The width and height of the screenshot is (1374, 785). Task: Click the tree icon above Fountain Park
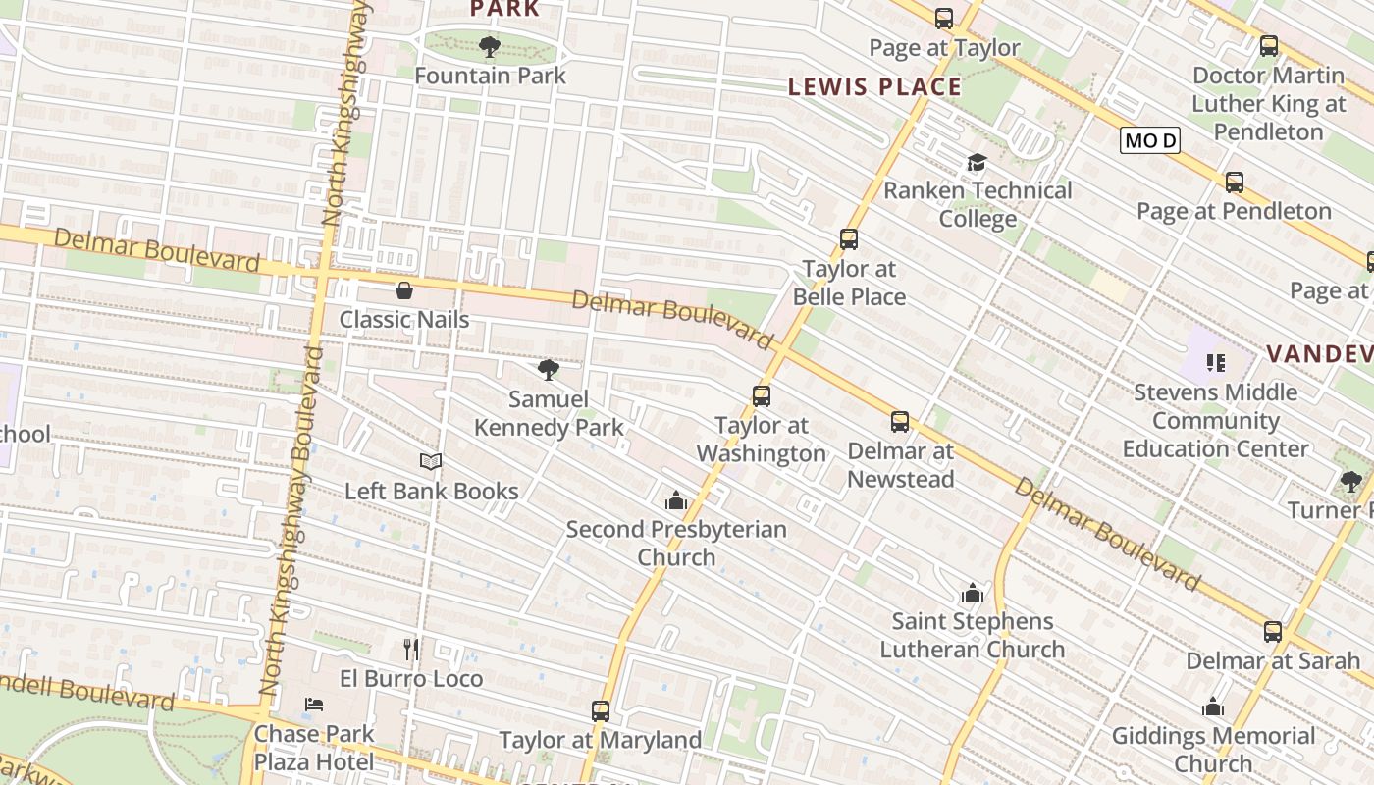(489, 46)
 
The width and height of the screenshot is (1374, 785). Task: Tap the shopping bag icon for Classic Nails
(403, 290)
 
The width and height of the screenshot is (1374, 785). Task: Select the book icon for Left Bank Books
(430, 461)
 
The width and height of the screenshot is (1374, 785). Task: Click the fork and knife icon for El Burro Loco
(411, 649)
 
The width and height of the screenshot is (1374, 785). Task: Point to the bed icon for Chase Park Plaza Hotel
(313, 705)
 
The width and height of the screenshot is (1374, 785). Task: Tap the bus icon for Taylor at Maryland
(601, 710)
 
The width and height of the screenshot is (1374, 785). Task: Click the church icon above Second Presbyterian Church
(675, 500)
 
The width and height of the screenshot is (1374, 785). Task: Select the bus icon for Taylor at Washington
(761, 396)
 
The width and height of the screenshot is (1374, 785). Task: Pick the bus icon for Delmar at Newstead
(900, 422)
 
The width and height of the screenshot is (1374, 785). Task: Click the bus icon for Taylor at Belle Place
(849, 239)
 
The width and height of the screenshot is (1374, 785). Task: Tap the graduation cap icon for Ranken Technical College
(977, 162)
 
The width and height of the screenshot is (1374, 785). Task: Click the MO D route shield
(1150, 140)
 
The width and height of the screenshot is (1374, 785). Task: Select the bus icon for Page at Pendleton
(1234, 183)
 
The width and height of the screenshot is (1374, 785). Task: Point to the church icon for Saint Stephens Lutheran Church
(972, 593)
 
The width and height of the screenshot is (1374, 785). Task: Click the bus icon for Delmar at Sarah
(1273, 632)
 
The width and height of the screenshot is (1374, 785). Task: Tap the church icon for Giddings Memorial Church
(1213, 706)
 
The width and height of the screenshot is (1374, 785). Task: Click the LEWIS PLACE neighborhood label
(874, 87)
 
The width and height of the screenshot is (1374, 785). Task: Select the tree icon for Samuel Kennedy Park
(548, 370)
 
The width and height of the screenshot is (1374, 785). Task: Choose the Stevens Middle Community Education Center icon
(1216, 363)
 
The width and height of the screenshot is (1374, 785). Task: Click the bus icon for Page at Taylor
(944, 19)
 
